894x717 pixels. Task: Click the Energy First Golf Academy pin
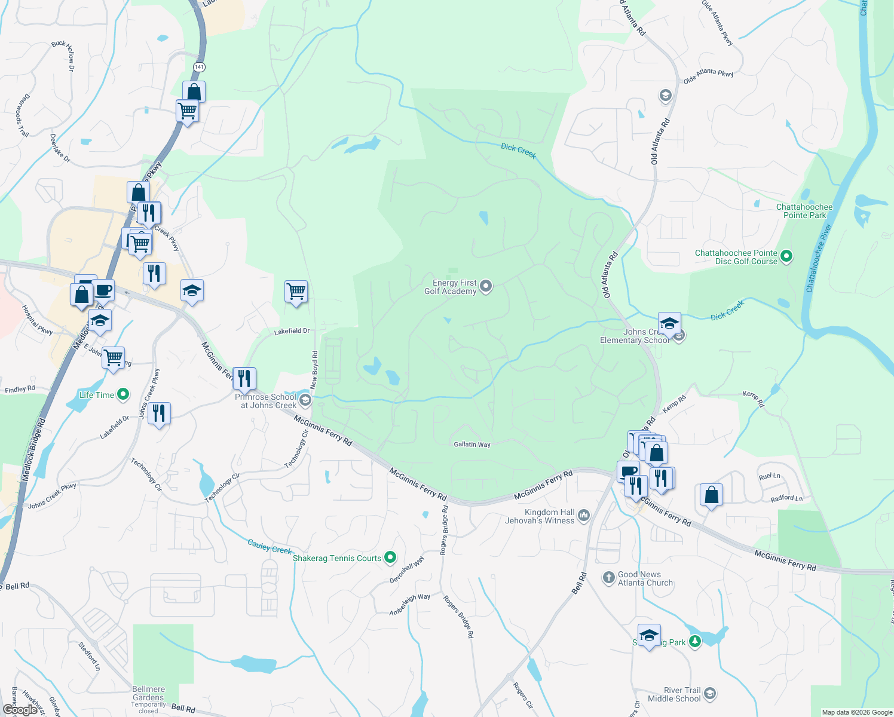point(486,286)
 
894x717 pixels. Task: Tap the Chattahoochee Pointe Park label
point(804,211)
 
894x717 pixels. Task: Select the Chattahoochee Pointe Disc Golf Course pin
point(786,257)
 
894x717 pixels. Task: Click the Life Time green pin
point(123,394)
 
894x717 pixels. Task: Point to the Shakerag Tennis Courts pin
point(390,557)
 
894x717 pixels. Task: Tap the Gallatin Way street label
point(472,445)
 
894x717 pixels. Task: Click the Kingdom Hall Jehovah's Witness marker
point(584,515)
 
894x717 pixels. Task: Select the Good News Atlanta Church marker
point(608,577)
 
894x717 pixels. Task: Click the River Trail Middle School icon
point(710,694)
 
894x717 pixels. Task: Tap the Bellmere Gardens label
point(148,693)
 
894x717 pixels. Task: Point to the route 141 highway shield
point(199,68)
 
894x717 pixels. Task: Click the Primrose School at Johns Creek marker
point(305,400)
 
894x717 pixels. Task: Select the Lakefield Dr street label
point(292,331)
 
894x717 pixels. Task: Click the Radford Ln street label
point(786,498)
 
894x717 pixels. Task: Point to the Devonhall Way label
point(407,569)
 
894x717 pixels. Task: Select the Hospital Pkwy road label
point(37,320)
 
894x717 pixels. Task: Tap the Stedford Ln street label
point(89,656)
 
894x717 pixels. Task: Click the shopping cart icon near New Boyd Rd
point(296,292)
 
